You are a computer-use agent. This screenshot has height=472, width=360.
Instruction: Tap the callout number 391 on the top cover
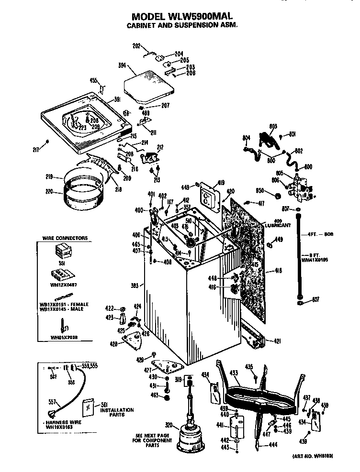(x=116, y=99)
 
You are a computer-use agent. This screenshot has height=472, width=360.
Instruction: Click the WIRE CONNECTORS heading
(x=65, y=238)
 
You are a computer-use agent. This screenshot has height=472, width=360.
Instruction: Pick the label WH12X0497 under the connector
(x=64, y=284)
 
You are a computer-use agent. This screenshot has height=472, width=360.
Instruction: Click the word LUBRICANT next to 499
(x=278, y=225)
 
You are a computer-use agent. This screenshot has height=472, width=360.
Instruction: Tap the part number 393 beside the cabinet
(x=135, y=285)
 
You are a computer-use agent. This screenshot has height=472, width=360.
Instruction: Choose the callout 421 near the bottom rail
(x=277, y=341)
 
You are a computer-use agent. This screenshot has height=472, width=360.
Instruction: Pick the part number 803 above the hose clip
(x=273, y=126)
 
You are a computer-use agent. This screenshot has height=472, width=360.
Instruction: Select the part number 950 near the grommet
(x=260, y=190)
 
